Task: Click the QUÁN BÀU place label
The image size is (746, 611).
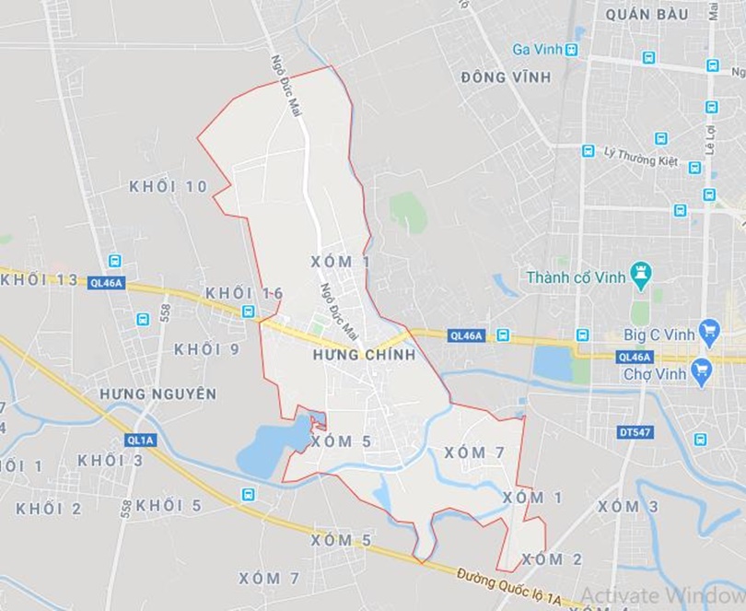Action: [647, 15]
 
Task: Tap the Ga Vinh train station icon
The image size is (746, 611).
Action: [572, 49]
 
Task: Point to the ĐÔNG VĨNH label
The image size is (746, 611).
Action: [507, 77]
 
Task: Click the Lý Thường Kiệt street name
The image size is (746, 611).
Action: [641, 158]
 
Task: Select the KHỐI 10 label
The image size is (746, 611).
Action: [169, 187]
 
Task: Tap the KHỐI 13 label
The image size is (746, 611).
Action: [40, 280]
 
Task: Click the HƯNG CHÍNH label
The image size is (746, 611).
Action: [364, 355]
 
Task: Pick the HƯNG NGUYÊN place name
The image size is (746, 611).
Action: [158, 394]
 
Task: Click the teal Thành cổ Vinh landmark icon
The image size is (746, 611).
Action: [641, 273]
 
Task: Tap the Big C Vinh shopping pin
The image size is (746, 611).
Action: [708, 330]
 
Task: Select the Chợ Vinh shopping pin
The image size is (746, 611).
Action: [703, 372]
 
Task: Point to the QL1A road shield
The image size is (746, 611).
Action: [142, 441]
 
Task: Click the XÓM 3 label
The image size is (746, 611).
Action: [628, 507]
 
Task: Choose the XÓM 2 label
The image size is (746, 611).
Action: [552, 559]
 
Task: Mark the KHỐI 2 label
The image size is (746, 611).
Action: [49, 509]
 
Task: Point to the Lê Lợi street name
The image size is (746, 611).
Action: [710, 138]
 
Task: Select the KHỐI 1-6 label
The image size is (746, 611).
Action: [244, 293]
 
